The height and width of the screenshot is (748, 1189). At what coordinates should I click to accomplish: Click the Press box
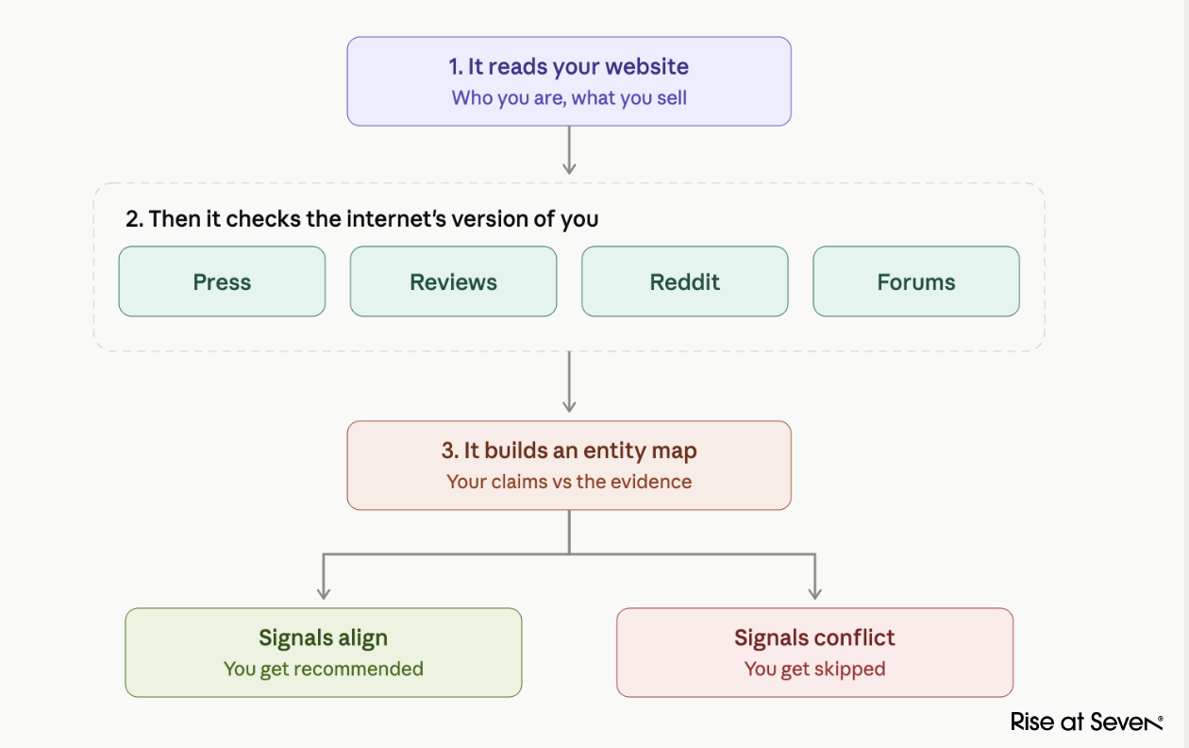click(222, 281)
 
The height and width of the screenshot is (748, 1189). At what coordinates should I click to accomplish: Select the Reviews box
click(453, 281)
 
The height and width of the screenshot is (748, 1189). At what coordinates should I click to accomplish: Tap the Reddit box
click(685, 281)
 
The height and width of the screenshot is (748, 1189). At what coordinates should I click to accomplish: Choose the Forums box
click(916, 281)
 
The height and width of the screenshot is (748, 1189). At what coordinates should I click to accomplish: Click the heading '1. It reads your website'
click(568, 67)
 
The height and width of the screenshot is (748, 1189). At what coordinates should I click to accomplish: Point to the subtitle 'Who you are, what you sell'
click(569, 98)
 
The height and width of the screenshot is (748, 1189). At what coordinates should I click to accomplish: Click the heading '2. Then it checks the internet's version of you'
click(362, 219)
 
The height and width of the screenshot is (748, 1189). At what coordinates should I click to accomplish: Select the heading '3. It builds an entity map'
click(569, 451)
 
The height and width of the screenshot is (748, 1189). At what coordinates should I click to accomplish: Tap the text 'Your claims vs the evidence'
click(569, 482)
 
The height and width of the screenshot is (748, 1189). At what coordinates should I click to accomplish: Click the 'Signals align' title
click(324, 638)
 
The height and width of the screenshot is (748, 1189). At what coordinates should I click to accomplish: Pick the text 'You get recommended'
click(324, 670)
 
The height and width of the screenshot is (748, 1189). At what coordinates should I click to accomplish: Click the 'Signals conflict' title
click(814, 638)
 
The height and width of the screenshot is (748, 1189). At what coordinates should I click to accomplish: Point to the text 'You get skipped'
click(814, 670)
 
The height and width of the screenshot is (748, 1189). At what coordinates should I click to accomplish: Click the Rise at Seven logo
click(1086, 722)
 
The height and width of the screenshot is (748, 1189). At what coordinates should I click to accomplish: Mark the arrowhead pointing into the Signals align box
click(324, 595)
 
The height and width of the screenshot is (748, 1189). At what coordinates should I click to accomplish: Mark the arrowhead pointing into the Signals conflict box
click(814, 595)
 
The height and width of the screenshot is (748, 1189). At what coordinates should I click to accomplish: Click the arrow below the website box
click(569, 150)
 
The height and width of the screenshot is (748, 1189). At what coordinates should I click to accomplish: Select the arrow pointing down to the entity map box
click(569, 382)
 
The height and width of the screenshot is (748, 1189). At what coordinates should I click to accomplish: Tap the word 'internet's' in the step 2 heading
click(396, 219)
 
